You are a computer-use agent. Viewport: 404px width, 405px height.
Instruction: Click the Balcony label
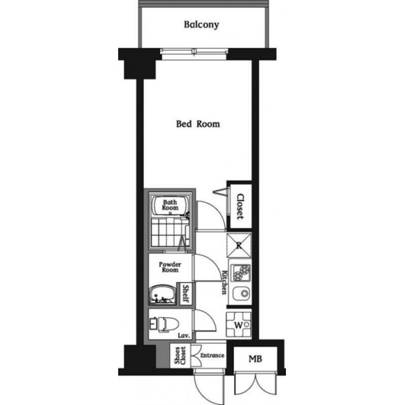[201, 25]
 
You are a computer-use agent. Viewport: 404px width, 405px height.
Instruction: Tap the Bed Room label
[198, 124]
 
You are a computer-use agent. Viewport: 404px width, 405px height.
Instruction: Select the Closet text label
[240, 207]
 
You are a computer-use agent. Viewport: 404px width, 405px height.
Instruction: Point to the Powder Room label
[170, 267]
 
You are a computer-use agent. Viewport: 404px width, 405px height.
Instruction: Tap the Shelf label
[186, 294]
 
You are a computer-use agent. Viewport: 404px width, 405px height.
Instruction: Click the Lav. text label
[184, 335]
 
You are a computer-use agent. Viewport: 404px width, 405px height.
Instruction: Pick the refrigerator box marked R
[239, 245]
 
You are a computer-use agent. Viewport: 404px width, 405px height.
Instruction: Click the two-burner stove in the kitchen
[240, 273]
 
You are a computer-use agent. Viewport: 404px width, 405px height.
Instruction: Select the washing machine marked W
[239, 325]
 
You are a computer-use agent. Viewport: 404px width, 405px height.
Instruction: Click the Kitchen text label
[225, 282]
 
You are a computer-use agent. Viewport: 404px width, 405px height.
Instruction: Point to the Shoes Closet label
[180, 356]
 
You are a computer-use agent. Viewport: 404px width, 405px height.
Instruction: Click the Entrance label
[212, 356]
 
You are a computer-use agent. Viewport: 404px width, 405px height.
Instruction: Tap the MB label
[255, 359]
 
